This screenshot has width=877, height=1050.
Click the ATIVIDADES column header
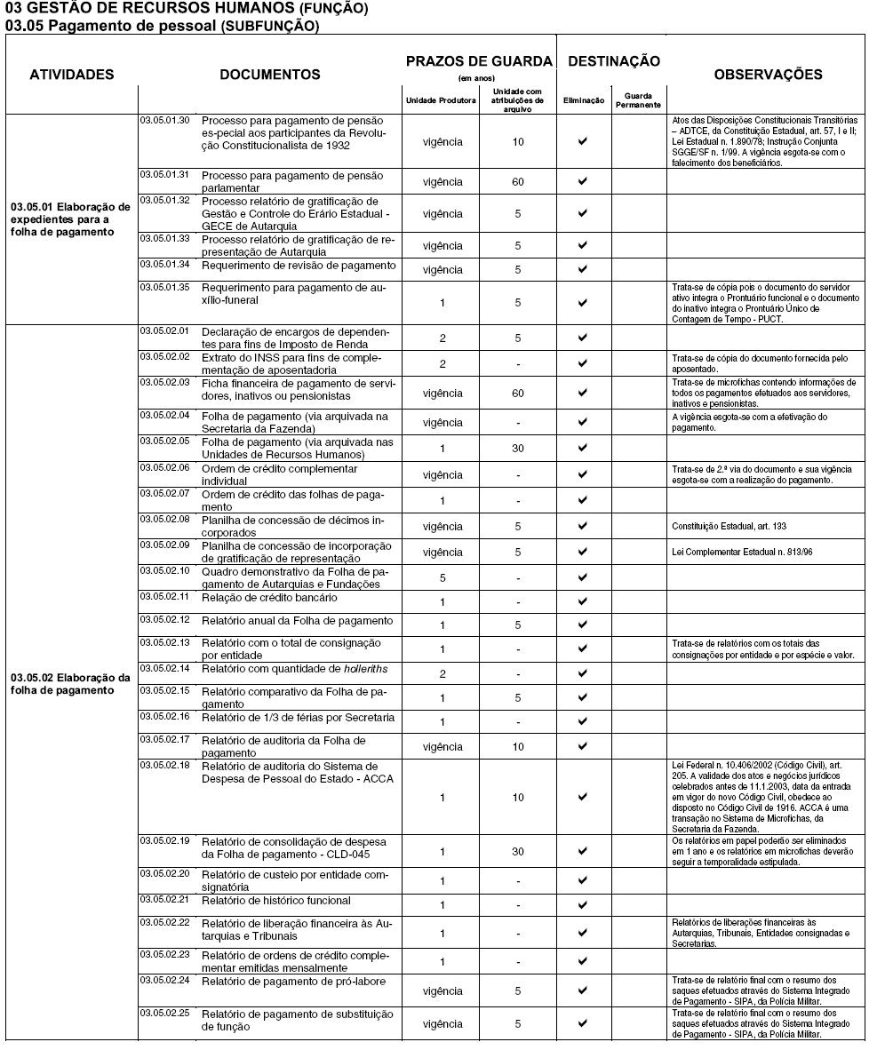click(72, 75)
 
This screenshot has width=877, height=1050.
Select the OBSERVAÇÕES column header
click(768, 75)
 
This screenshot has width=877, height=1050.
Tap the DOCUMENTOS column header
click(270, 75)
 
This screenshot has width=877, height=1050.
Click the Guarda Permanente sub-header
click(638, 100)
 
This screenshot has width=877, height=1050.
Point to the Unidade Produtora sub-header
click(441, 100)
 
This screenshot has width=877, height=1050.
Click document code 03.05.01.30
click(164, 119)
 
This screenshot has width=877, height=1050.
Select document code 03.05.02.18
click(164, 763)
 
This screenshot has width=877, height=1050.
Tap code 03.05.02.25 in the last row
click(164, 1012)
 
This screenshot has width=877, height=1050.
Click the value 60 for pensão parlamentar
click(518, 182)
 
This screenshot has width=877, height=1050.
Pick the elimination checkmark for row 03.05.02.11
click(583, 602)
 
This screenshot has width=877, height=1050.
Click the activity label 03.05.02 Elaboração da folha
click(70, 684)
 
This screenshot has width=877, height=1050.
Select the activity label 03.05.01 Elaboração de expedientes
click(70, 219)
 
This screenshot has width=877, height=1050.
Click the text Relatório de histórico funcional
click(276, 901)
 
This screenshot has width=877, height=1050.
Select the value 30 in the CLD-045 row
click(518, 852)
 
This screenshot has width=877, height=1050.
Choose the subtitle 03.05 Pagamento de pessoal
click(162, 26)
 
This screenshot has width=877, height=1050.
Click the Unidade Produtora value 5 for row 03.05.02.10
click(442, 577)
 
